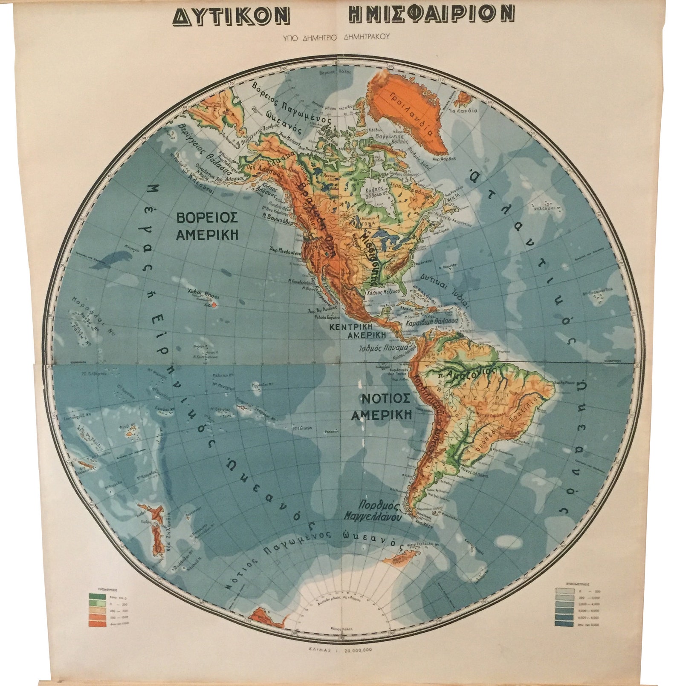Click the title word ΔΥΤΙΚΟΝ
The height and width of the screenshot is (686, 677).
click(x=231, y=16)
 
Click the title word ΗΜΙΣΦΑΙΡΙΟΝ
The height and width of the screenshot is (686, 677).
click(x=431, y=15)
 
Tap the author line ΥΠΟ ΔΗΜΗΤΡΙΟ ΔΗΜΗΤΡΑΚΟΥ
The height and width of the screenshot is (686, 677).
click(x=336, y=37)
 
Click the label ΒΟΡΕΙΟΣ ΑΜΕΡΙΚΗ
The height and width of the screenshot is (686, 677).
click(x=207, y=226)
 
